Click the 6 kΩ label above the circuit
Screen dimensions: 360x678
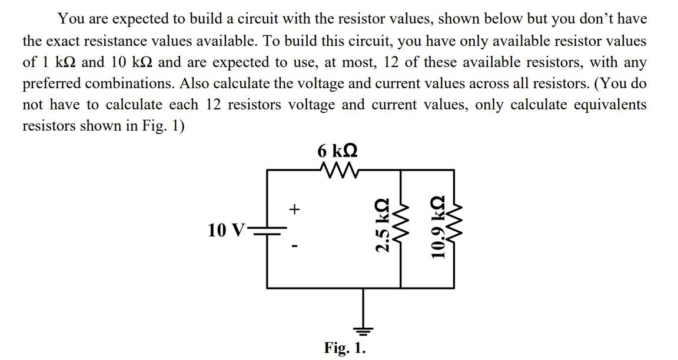tap(337, 151)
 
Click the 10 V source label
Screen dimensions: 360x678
tap(225, 229)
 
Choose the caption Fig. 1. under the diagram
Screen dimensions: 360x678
tap(345, 348)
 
